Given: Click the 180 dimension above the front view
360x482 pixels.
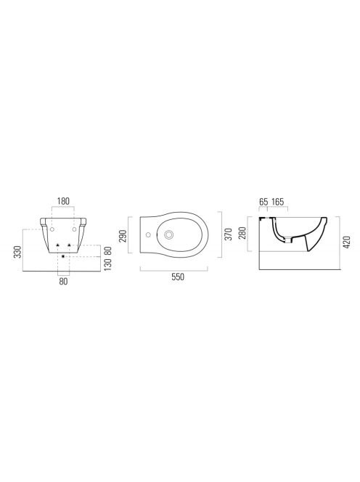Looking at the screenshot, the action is coord(63,201).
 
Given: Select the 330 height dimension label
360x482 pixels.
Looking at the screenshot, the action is coord(18,252).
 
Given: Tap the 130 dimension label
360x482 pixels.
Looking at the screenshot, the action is coord(107,264).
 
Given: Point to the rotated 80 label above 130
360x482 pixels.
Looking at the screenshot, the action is coord(107,251).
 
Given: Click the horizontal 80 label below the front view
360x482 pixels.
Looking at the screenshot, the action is coord(63,281).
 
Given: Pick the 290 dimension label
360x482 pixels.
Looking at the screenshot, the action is coord(123,235).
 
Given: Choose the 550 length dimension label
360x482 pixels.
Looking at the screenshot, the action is coord(178,277).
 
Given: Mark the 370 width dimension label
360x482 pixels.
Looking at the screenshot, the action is coord(228,234).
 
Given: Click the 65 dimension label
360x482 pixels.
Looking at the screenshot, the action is coord(263,202).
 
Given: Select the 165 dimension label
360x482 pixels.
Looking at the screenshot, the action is coord(277,202).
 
